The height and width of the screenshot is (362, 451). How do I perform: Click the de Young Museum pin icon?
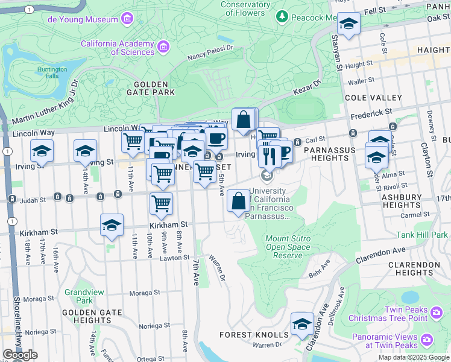coord(127,19)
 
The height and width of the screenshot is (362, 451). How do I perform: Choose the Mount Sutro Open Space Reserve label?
coord(288,247)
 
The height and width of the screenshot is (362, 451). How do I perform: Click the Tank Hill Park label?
coord(422,235)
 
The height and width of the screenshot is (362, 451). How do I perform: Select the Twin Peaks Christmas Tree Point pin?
coord(437,312)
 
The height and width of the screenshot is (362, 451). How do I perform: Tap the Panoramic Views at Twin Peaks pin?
coord(427,340)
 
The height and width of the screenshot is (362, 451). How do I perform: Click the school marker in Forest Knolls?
coord(302,324)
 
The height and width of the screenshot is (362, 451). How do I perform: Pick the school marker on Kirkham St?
coord(112,225)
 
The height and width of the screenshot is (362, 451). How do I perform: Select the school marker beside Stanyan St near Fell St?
coord(348,24)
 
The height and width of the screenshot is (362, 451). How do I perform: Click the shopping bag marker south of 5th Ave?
coord(239,200)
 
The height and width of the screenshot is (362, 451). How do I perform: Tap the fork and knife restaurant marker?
coord(269,155)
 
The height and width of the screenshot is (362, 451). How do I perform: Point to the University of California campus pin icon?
coord(266,176)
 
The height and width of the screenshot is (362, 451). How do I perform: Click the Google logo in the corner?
coord(20,355)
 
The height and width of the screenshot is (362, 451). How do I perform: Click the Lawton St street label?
coord(175,258)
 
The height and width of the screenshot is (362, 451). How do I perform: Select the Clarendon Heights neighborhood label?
coord(414,269)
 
